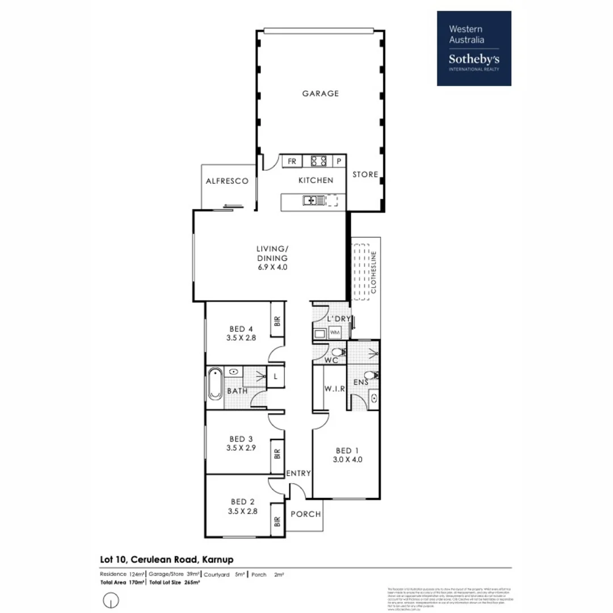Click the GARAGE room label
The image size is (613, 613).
[320, 93]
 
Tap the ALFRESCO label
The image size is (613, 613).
[226, 181]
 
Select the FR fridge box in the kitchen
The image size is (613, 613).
[292, 161]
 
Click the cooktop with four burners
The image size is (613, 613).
[318, 161]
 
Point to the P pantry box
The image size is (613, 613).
[339, 161]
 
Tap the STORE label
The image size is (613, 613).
[365, 174]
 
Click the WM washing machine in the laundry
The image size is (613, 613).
[334, 332]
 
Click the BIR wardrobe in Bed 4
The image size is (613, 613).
[278, 322]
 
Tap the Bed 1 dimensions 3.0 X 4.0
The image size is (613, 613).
[347, 460]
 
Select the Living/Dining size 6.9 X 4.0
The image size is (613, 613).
[271, 267]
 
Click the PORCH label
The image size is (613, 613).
[305, 514]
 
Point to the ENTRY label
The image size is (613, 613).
[297, 473]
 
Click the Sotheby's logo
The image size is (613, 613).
[474, 48]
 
